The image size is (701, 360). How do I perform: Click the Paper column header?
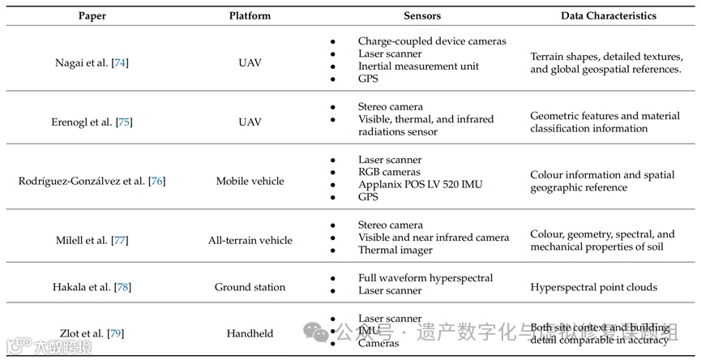coord(91,15)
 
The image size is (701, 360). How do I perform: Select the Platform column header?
coord(250,15)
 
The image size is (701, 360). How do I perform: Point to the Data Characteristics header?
coord(609,15)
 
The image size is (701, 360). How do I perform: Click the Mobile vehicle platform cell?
coord(250,181)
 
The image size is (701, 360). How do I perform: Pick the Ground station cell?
coord(250,287)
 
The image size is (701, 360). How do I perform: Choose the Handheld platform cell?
coord(250,333)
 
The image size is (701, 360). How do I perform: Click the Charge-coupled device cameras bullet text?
coord(432,41)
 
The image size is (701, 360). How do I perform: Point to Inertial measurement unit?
coord(418,66)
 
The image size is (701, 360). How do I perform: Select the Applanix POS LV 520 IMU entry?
coord(420,184)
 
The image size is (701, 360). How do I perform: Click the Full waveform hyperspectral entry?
coord(425,278)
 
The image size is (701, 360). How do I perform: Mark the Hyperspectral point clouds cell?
coord(583,287)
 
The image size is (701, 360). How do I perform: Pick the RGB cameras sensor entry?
coord(389,172)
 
